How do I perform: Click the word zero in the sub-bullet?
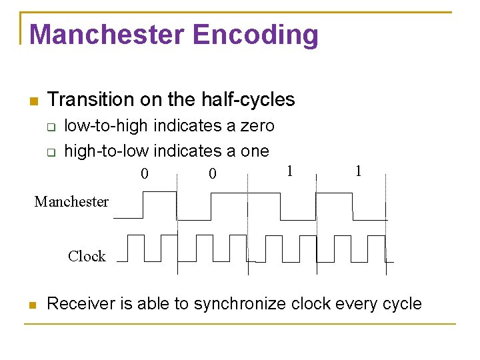click(x=257, y=126)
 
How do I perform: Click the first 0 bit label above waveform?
click(x=144, y=175)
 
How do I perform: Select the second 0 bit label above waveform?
click(x=212, y=175)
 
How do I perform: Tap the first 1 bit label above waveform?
click(x=289, y=171)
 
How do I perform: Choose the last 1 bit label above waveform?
click(x=359, y=171)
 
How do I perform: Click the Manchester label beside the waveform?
click(x=71, y=201)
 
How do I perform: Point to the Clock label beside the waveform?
click(x=87, y=256)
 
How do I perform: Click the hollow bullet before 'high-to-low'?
click(x=51, y=153)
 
